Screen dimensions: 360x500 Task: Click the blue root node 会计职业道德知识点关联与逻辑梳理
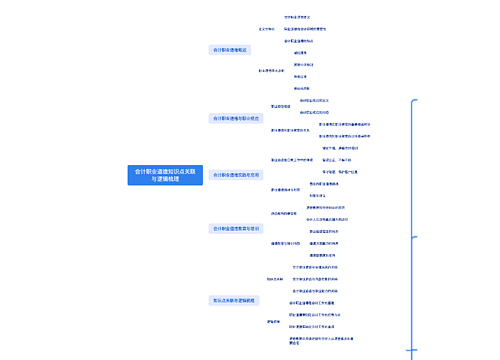[x=164, y=174]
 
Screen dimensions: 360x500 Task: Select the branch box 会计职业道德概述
[x=232, y=49]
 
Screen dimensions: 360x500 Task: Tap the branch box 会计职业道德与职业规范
[x=236, y=118]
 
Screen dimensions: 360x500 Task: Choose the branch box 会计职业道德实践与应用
[x=236, y=173]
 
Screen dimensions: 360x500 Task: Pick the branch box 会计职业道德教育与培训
[x=236, y=228]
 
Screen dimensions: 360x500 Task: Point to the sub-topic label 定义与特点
[x=266, y=29]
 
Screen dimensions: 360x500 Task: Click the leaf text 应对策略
[x=315, y=195]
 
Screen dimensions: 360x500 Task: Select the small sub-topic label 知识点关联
[x=276, y=278]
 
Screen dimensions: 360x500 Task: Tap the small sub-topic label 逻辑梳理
[x=273, y=322]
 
